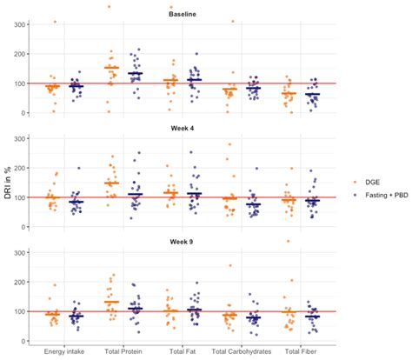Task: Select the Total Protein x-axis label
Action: coord(122,351)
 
